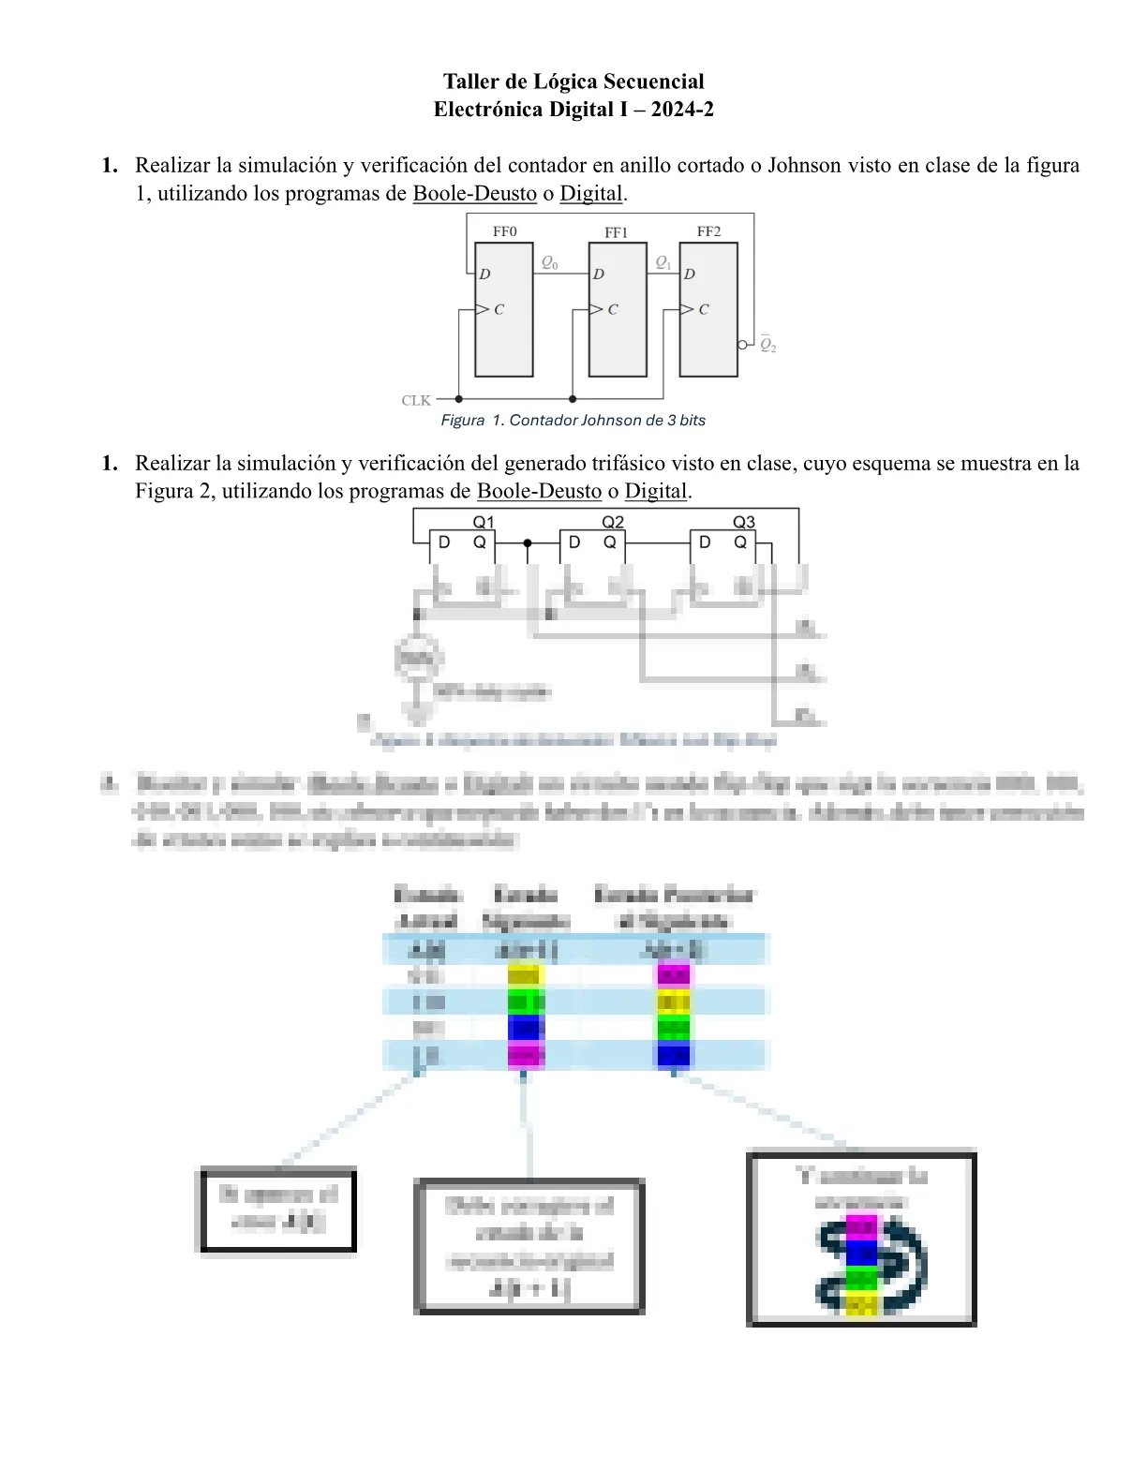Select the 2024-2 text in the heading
[682, 110]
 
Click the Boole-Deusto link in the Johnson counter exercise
[474, 194]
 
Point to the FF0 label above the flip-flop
[504, 231]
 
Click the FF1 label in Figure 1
[616, 232]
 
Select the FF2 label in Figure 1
[708, 231]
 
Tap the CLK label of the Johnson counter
[416, 400]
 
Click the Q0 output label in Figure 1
[550, 263]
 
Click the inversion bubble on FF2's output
[742, 345]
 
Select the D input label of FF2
[690, 275]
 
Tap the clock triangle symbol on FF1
[596, 309]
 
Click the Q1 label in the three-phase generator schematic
[484, 522]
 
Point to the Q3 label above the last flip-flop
[743, 522]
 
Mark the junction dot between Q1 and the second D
[528, 543]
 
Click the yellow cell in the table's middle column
[526, 976]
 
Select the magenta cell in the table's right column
[674, 976]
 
